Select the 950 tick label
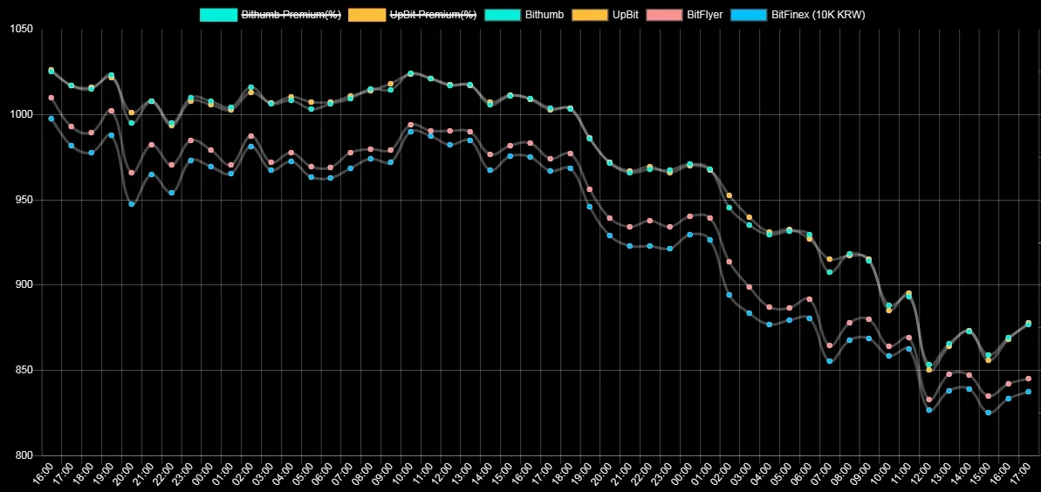pyautogui.click(x=19, y=200)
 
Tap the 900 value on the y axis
pyautogui.click(x=19, y=285)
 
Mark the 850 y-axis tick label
pyautogui.click(x=19, y=370)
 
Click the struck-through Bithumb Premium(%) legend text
pyautogui.click(x=291, y=15)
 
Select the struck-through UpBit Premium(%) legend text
pyautogui.click(x=433, y=15)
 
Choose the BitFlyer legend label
pyautogui.click(x=705, y=15)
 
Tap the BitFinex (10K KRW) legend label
pyautogui.click(x=818, y=15)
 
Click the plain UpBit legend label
pyautogui.click(x=627, y=15)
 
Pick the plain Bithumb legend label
pyautogui.click(x=545, y=15)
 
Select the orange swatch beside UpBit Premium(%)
pyautogui.click(x=366, y=15)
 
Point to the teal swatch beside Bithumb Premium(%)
pyautogui.click(x=218, y=15)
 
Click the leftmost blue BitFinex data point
pyautogui.click(x=51, y=119)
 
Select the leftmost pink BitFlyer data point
pyautogui.click(x=51, y=98)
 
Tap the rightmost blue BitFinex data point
pyautogui.click(x=1028, y=392)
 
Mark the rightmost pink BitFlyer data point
pyautogui.click(x=1028, y=379)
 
